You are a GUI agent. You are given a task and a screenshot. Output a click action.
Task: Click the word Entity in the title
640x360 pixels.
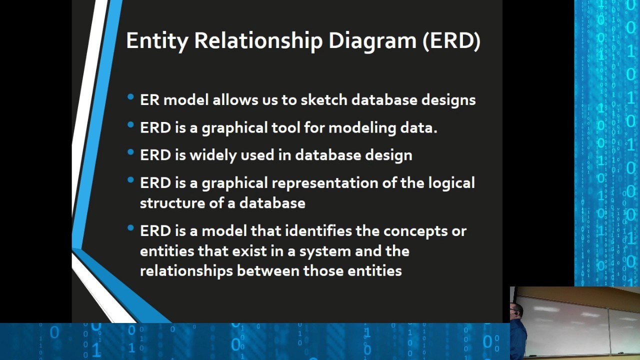[x=157, y=41]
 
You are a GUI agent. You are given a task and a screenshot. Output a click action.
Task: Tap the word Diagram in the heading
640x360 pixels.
[x=372, y=41]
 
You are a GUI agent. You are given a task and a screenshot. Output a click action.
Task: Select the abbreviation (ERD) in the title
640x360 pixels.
[x=451, y=41]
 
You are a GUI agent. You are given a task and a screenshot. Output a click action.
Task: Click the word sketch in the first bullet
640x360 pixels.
[x=324, y=99]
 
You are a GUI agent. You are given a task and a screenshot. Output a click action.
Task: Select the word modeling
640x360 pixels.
[x=362, y=128]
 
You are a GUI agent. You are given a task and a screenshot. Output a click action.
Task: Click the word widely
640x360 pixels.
[x=213, y=155]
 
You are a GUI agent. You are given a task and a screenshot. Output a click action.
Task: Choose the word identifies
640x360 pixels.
[x=318, y=231]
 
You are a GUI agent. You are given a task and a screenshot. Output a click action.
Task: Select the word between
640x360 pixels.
[x=268, y=271]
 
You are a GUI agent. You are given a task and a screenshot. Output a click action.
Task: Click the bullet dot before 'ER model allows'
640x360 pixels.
[x=130, y=97]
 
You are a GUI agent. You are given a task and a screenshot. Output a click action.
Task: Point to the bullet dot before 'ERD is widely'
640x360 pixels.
[x=130, y=152]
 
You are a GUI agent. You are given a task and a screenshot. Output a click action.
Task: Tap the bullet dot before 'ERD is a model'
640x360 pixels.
[x=130, y=227]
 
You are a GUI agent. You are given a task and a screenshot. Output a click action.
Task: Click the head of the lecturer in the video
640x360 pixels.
[x=516, y=311]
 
